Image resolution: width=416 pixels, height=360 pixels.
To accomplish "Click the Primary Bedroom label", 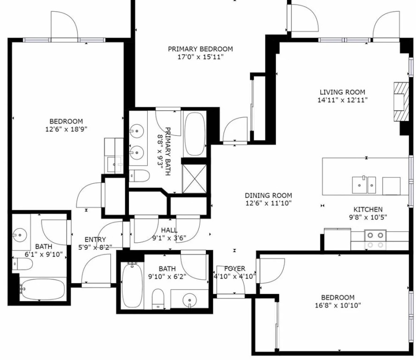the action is pyautogui.click(x=200, y=49).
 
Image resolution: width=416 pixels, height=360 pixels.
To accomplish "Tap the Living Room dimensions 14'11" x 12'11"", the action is pyautogui.click(x=342, y=100).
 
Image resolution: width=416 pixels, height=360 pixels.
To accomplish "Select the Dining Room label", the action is pyautogui.click(x=268, y=195).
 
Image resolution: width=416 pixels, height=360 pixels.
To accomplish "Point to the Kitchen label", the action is pyautogui.click(x=368, y=210).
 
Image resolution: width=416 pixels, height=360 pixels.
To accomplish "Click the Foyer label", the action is pyautogui.click(x=235, y=269).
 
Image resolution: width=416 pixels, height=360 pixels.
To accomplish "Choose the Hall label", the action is pyautogui.click(x=169, y=230).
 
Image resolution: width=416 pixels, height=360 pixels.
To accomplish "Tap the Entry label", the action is pyautogui.click(x=95, y=240).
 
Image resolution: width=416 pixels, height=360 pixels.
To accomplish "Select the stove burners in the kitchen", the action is pyautogui.click(x=375, y=240).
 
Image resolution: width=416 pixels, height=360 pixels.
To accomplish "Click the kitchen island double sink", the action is pyautogui.click(x=364, y=185).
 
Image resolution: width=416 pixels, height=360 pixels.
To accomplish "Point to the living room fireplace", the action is pyautogui.click(x=401, y=102).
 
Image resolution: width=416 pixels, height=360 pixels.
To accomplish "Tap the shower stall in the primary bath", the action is pyautogui.click(x=195, y=179).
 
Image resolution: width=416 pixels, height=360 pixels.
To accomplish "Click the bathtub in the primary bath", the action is pyautogui.click(x=195, y=134).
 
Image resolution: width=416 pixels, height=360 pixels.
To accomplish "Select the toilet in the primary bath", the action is pyautogui.click(x=140, y=176).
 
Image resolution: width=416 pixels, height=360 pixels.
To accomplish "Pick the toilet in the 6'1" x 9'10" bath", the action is pyautogui.click(x=23, y=264).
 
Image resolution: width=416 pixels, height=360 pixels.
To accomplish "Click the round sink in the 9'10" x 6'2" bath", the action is pyautogui.click(x=190, y=300).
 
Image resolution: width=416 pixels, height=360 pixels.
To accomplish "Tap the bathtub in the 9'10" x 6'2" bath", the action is pyautogui.click(x=132, y=285).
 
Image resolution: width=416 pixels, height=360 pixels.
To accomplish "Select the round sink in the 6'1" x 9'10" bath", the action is pyautogui.click(x=20, y=235).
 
